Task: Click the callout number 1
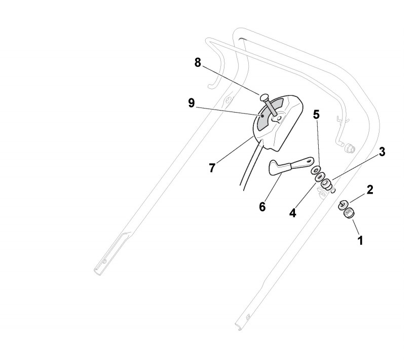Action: coord(360,240)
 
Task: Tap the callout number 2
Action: coord(370,190)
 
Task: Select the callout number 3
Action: coord(382,152)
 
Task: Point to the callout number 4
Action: coord(292,213)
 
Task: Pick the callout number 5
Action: coord(316,114)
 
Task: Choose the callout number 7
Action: coord(212,168)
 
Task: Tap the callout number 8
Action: coord(198,62)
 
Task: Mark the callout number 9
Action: coord(191,103)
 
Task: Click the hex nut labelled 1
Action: coord(347,213)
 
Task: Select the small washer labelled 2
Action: coord(343,204)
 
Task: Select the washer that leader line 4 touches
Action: coord(320,178)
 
